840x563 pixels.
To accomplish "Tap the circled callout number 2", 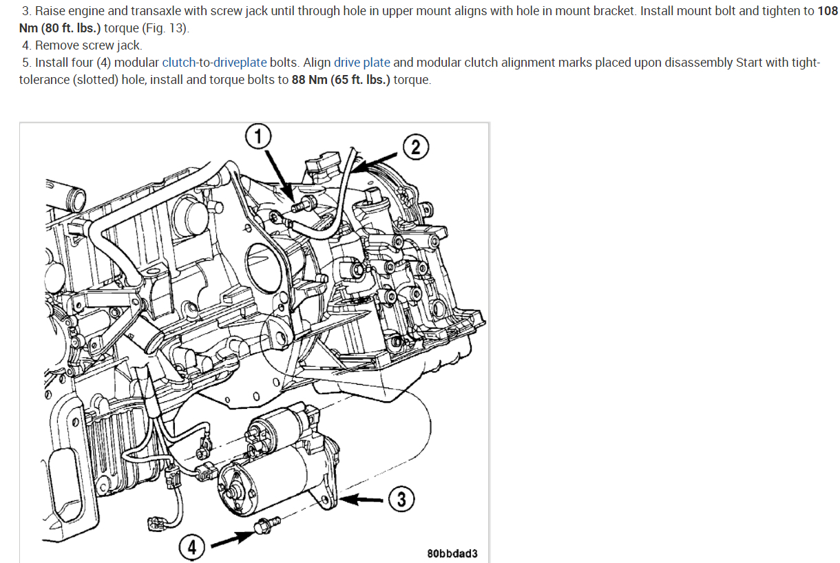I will pos(415,146).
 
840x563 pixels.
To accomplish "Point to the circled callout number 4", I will pos(191,547).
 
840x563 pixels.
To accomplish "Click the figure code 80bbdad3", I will pos(452,553).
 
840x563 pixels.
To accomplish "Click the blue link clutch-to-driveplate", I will pos(214,63).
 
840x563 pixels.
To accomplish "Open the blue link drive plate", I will pos(361,63).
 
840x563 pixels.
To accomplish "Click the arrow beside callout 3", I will pos(365,500).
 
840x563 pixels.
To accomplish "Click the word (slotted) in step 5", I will pos(96,80).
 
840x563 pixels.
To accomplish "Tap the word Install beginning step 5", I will pos(52,63).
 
